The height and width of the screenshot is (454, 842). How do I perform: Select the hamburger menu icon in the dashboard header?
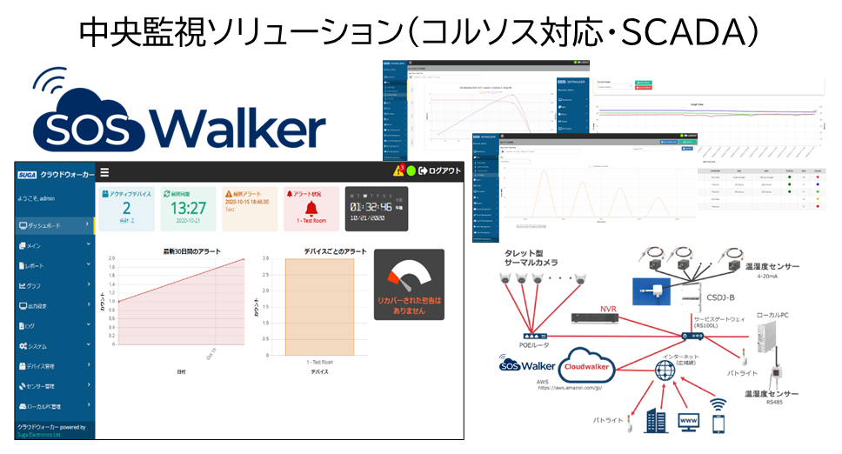(x=104, y=172)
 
